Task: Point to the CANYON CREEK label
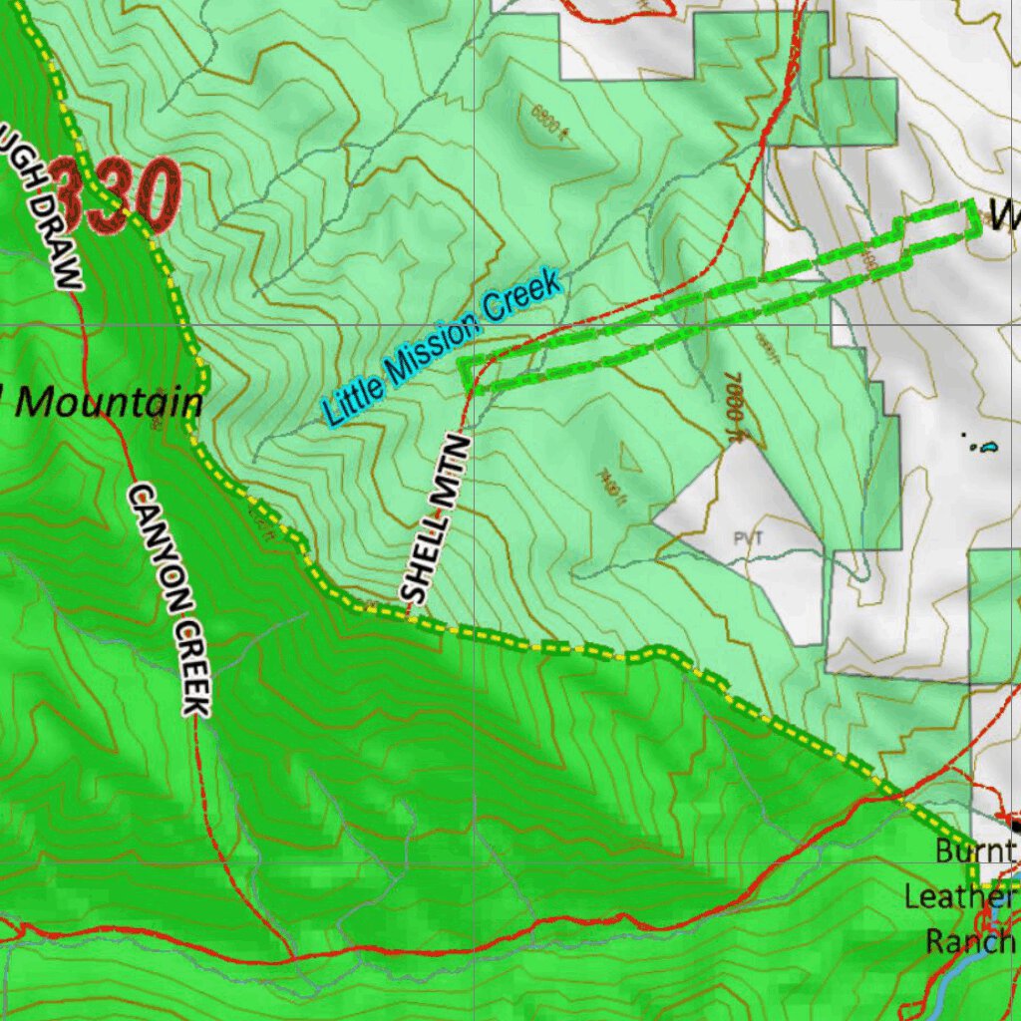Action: tap(171, 599)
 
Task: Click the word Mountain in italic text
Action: tap(110, 402)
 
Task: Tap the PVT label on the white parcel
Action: tap(747, 538)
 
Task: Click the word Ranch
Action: tap(969, 940)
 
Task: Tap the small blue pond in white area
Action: tap(988, 447)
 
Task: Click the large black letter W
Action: tap(1002, 212)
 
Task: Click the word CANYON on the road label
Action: tap(154, 543)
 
